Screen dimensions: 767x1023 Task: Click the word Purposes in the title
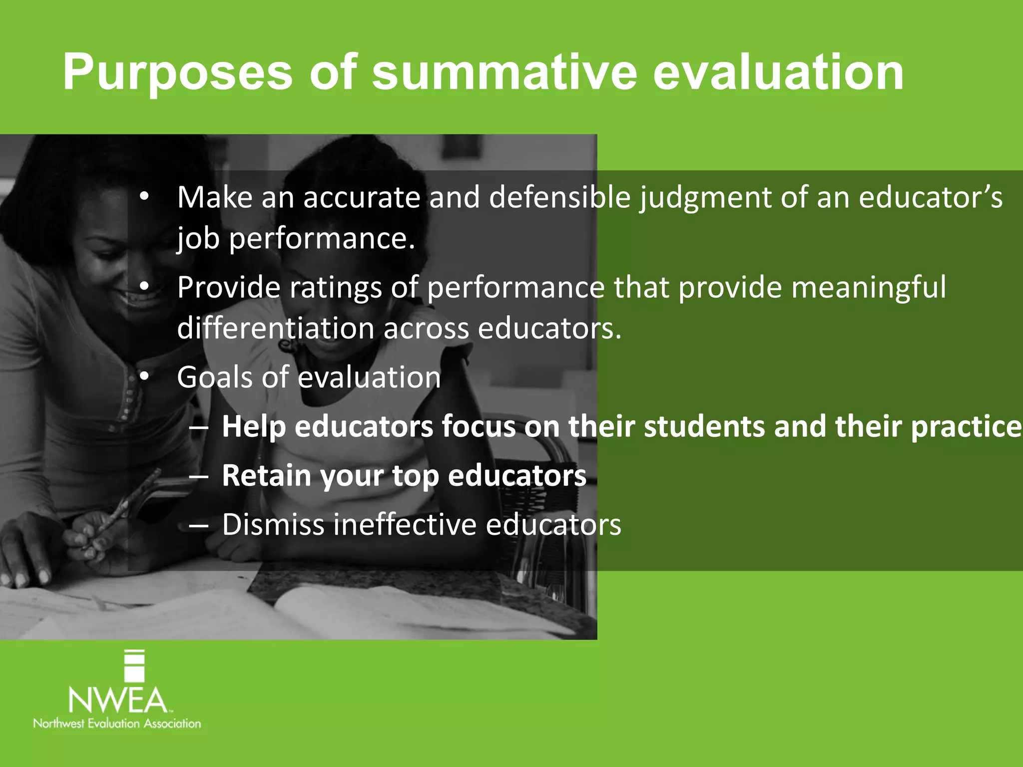[x=177, y=73]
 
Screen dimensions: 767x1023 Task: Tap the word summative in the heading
[x=505, y=73]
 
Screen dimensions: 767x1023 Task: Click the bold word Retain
[x=267, y=475]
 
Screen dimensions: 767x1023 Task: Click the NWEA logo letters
[x=118, y=700]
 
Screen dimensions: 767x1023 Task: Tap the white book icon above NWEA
[x=134, y=666]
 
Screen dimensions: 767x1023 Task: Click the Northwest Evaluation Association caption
[x=117, y=724]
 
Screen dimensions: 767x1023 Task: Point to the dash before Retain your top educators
[x=199, y=476]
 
